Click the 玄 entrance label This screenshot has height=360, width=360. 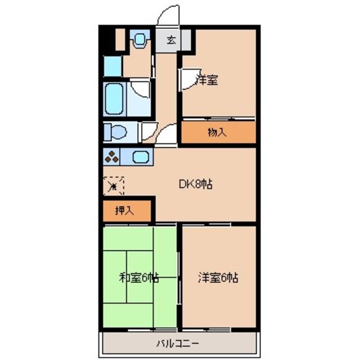click(170, 40)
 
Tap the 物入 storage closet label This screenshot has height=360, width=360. click(217, 133)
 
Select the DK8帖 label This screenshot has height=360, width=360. click(195, 183)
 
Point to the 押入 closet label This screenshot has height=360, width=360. click(124, 211)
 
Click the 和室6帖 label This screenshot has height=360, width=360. click(138, 277)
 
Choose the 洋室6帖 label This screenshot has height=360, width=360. click(218, 277)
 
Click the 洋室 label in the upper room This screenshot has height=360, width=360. click(207, 80)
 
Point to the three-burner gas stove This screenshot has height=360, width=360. click(111, 157)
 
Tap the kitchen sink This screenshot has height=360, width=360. click(139, 157)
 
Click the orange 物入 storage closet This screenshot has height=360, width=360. click(217, 133)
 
